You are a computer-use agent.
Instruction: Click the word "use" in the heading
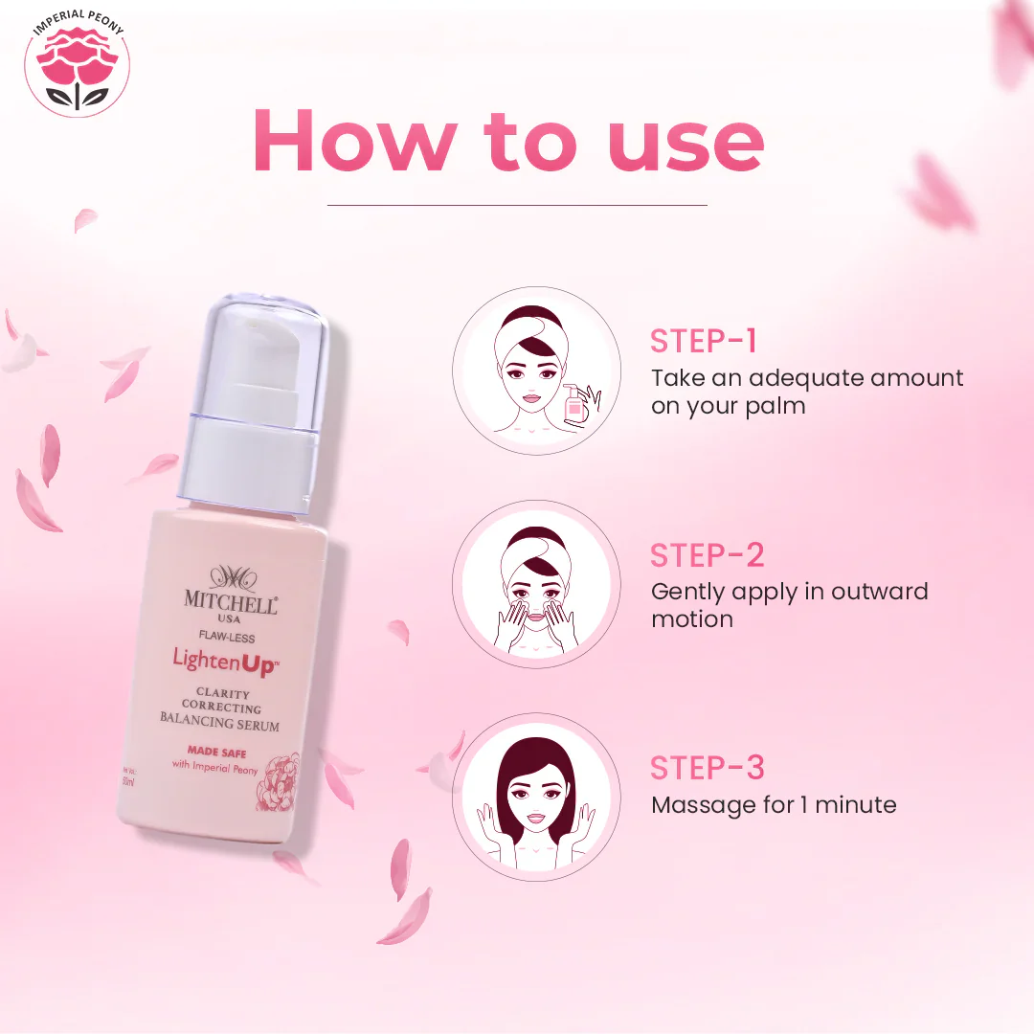(686, 141)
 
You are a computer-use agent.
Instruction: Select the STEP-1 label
(704, 342)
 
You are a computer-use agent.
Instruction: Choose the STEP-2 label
(708, 555)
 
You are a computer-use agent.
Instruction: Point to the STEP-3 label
(708, 768)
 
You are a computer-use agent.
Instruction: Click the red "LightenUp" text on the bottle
(223, 661)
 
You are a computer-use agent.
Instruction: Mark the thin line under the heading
(517, 205)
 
